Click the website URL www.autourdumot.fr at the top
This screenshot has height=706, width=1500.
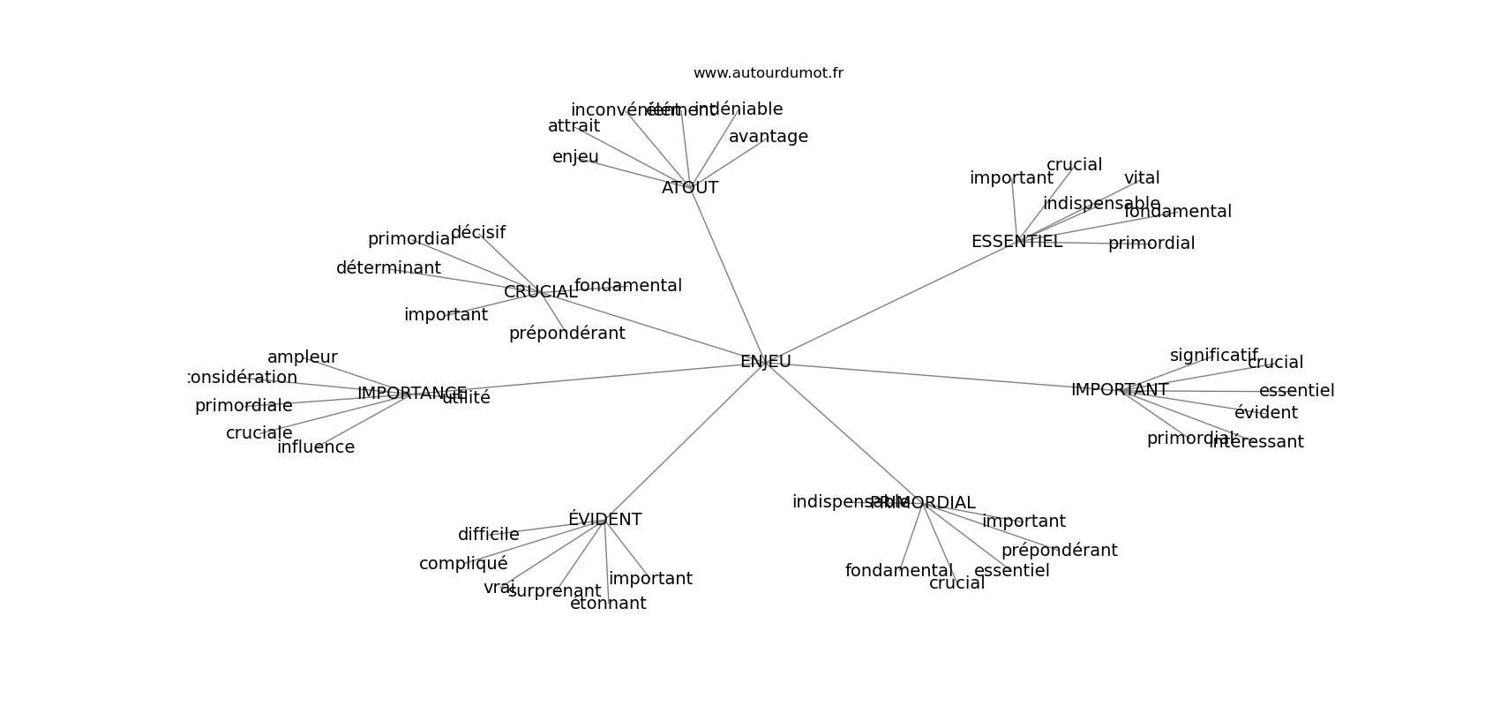(x=768, y=73)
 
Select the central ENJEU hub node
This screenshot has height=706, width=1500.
(x=765, y=362)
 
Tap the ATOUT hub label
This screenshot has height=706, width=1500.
(x=690, y=188)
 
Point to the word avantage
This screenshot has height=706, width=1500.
(x=768, y=137)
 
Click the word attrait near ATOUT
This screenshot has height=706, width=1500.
(x=574, y=126)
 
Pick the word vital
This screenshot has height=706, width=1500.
(x=1142, y=178)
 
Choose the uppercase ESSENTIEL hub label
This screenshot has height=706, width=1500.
(x=1016, y=242)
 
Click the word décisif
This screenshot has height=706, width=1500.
(x=478, y=233)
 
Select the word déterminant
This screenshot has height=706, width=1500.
(x=388, y=268)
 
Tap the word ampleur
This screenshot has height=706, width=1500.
(x=302, y=357)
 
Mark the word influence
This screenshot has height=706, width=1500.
(x=316, y=447)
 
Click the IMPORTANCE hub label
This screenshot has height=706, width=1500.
(x=411, y=394)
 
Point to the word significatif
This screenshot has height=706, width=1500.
(x=1213, y=356)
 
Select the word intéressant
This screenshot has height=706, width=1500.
(x=1256, y=442)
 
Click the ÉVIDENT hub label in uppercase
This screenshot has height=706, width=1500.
(x=604, y=520)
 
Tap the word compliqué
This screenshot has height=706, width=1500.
(x=463, y=564)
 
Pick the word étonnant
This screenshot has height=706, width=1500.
(x=608, y=604)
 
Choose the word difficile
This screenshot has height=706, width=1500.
(x=488, y=535)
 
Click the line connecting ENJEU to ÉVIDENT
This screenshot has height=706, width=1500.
(x=685, y=441)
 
